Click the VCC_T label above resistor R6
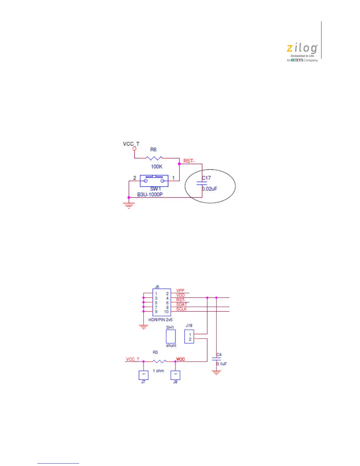tap(131, 144)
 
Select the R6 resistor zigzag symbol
tap(154, 158)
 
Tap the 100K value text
tap(156, 167)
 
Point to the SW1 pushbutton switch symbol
tap(154, 181)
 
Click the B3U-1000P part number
tap(150, 194)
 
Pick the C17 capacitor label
tap(206, 178)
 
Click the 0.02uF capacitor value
tap(209, 189)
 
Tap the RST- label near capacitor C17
tap(189, 161)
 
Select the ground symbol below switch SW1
tap(129, 206)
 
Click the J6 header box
tap(161, 302)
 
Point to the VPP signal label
tap(180, 290)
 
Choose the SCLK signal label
tap(181, 309)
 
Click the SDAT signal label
tap(181, 304)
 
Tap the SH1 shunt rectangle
tap(171, 336)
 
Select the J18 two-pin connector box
tap(189, 337)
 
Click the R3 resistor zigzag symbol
tap(159, 361)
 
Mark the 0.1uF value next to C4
tap(222, 364)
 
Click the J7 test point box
tap(143, 375)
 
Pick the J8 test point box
tap(175, 375)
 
